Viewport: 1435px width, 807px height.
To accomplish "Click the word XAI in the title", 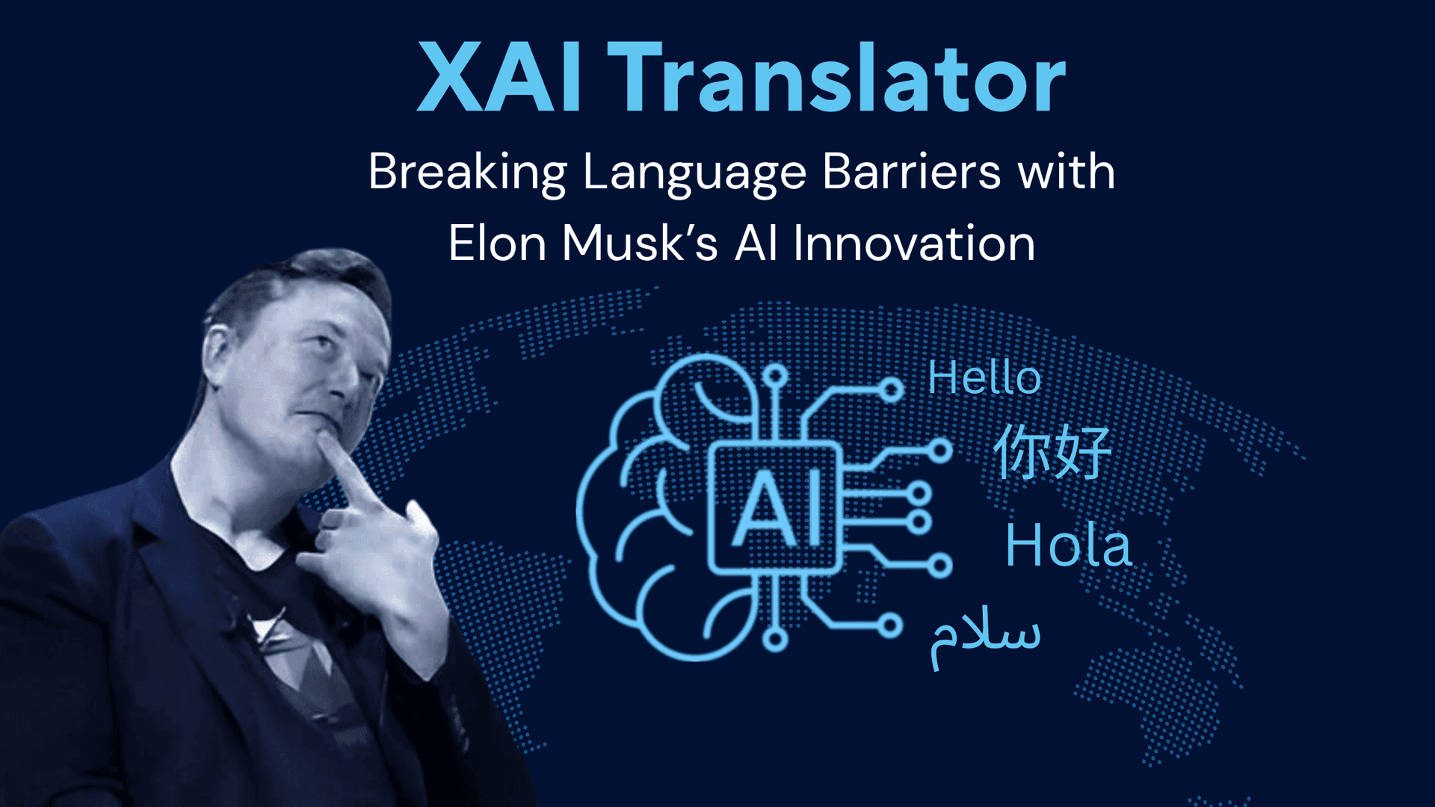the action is point(499,78).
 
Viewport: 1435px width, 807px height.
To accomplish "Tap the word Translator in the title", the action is point(836,78).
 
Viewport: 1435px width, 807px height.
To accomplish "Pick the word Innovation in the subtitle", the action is point(913,244).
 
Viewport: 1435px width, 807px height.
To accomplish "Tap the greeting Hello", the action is point(984,377).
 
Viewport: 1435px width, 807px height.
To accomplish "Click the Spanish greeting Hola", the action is point(1068,545).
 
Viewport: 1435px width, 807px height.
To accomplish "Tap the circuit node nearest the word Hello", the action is point(891,389).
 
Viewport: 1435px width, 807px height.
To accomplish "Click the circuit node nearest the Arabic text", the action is point(890,625).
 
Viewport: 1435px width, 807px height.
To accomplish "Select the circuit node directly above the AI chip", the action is point(775,376).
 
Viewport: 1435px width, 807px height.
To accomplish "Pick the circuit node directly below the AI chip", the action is point(776,640).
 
